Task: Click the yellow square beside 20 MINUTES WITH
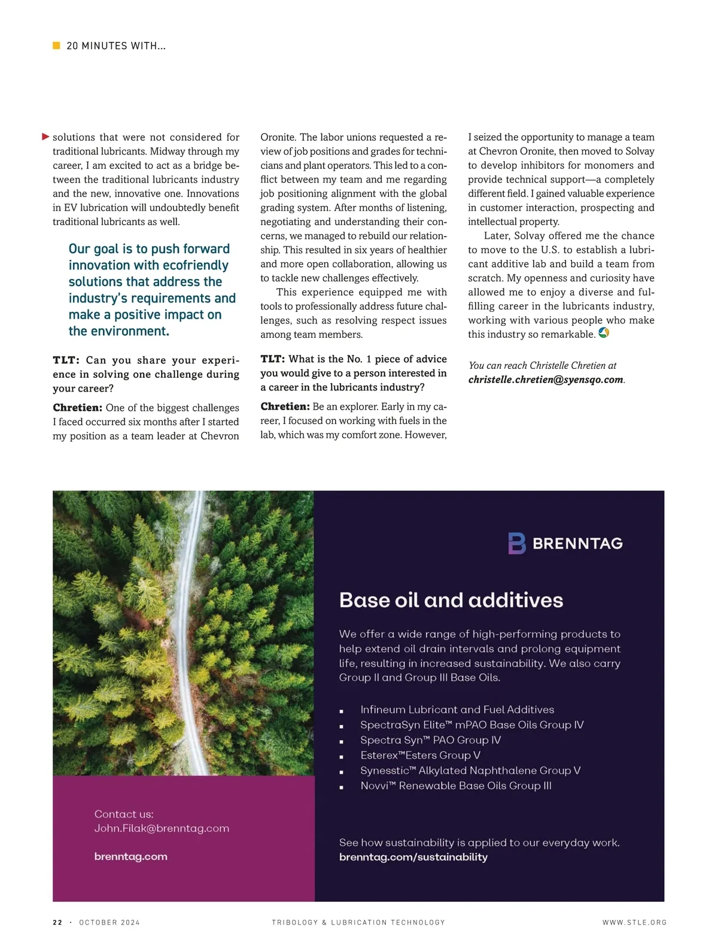click(x=56, y=46)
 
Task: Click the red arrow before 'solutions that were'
click(x=45, y=137)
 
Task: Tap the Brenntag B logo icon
click(x=516, y=543)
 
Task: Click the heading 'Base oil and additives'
click(x=451, y=600)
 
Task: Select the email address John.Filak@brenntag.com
click(x=162, y=828)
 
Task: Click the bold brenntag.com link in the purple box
click(x=130, y=856)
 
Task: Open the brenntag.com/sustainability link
click(x=413, y=857)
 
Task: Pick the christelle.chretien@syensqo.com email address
click(x=546, y=380)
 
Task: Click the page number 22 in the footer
click(x=57, y=922)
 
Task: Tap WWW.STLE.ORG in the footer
click(x=634, y=922)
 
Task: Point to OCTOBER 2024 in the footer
click(x=109, y=922)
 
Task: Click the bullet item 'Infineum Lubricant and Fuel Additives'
click(x=457, y=710)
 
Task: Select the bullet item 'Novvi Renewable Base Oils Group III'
click(x=456, y=786)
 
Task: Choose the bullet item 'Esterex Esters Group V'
click(x=420, y=755)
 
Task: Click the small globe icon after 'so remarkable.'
click(x=604, y=333)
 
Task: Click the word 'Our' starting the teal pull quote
click(x=79, y=249)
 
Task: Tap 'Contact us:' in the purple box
click(x=124, y=814)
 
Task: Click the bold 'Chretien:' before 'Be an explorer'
click(x=285, y=407)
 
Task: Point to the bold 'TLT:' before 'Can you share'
click(x=66, y=360)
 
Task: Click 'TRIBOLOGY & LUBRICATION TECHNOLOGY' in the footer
click(x=358, y=922)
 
